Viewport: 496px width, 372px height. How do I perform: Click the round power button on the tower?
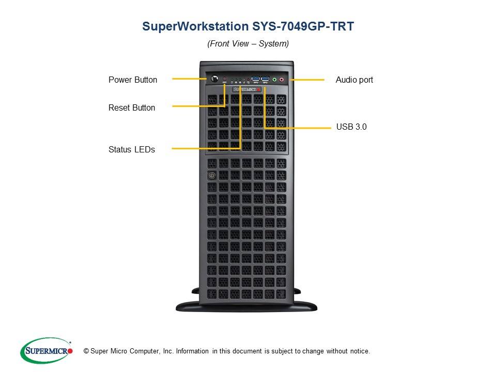213,79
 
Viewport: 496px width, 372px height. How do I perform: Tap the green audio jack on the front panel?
274,80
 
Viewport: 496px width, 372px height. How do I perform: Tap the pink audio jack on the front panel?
282,80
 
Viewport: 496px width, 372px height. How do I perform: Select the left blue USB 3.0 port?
256,80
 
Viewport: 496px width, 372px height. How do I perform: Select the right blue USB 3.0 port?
265,80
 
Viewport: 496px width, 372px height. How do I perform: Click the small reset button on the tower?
225,80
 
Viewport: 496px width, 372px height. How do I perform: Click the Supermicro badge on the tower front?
247,89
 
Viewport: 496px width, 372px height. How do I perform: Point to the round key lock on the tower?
211,176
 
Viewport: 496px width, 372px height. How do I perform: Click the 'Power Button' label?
133,80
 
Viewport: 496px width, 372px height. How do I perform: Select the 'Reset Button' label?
132,107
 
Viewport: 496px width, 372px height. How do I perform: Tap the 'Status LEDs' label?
132,149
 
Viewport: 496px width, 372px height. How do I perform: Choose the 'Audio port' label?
354,80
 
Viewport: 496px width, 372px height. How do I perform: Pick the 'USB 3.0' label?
351,126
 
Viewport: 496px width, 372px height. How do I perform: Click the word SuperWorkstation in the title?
192,26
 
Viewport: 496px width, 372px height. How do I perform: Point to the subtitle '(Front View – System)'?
248,44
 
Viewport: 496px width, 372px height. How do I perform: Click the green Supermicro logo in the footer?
47,351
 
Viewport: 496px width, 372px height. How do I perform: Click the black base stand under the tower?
246,305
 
